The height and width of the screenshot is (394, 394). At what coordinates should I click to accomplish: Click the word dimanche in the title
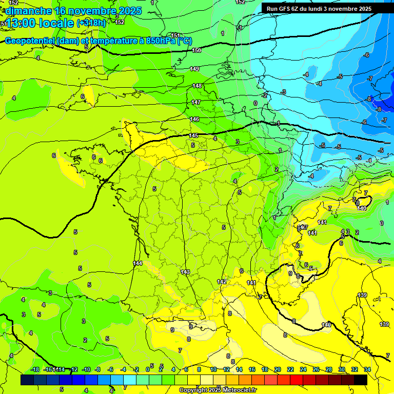(28, 11)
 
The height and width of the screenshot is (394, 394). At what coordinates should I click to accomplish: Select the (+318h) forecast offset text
(91, 23)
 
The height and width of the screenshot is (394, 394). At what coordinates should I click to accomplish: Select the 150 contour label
(196, 50)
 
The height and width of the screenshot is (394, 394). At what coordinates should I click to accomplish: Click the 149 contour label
(194, 69)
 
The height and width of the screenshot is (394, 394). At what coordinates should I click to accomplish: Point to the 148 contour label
(197, 86)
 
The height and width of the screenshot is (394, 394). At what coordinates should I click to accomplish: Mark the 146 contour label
(194, 119)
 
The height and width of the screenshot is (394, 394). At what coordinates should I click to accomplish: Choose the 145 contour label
(193, 135)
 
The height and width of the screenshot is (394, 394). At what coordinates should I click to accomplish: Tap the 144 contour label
(137, 263)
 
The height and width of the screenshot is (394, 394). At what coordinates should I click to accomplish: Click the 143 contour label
(185, 272)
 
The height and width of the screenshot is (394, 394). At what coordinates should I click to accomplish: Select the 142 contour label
(222, 282)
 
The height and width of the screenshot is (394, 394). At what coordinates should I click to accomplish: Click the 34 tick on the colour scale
(367, 369)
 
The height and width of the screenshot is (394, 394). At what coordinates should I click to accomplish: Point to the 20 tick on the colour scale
(277, 369)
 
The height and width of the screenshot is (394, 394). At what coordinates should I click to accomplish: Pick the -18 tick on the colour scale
(35, 369)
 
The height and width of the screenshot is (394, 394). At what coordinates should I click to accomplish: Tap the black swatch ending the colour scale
(361, 380)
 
